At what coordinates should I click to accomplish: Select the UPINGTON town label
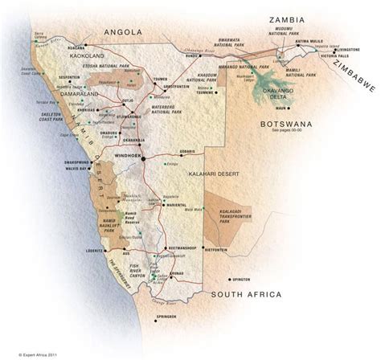240,278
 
